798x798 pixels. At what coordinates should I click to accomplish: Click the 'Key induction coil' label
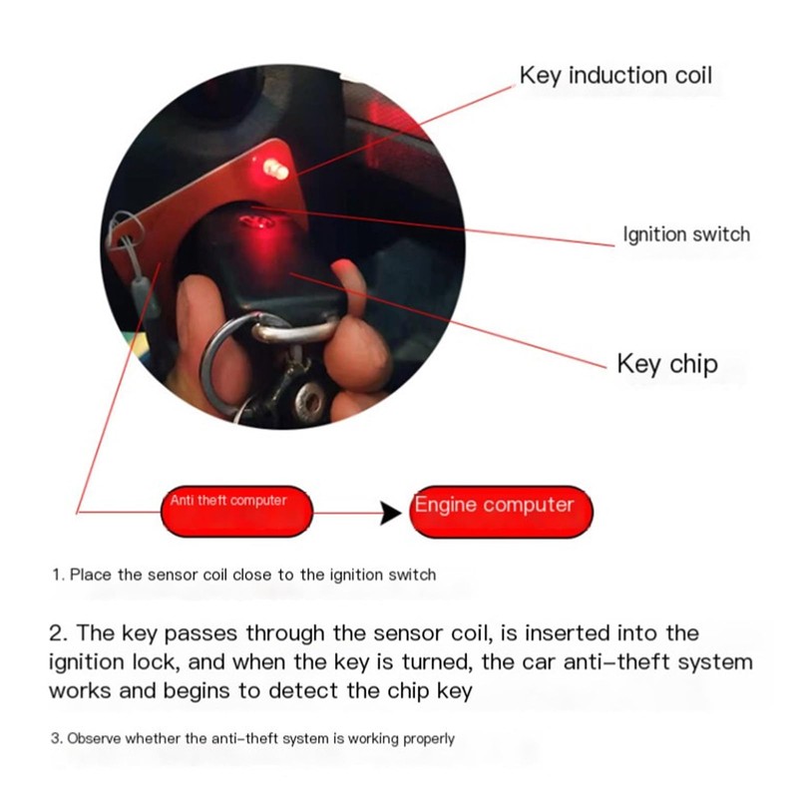pyautogui.click(x=615, y=75)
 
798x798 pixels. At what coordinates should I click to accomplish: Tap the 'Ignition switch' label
pyautogui.click(x=685, y=235)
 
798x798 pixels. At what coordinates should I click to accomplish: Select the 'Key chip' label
pyautogui.click(x=666, y=364)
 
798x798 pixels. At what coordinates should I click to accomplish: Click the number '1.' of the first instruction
pyautogui.click(x=59, y=576)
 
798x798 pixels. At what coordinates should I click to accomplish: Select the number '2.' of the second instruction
pyautogui.click(x=58, y=633)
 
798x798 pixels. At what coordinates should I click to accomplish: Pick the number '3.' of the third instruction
pyautogui.click(x=56, y=739)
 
